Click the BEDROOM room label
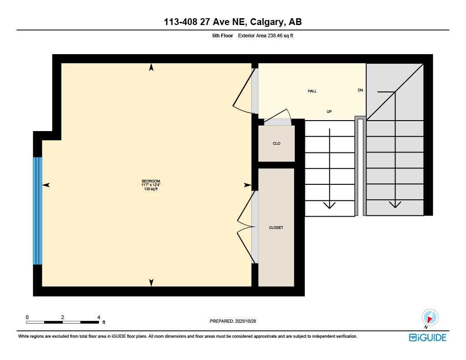pos(151,181)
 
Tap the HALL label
pos(312,91)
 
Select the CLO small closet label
pos(276,143)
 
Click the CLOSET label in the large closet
pos(276,228)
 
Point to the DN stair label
pos(360,90)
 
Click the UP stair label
pos(329,111)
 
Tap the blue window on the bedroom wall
pos(37,211)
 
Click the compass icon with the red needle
pos(430,317)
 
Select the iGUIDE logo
pos(427,337)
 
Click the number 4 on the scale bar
pos(99,317)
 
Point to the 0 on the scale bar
pos(27,317)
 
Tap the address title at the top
pos(233,22)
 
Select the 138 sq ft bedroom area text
pos(151,189)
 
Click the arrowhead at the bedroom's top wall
pos(151,67)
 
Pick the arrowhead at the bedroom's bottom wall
pos(151,283)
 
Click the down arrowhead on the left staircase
pos(329,205)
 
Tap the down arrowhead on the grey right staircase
pos(395,204)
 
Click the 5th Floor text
pos(223,35)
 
